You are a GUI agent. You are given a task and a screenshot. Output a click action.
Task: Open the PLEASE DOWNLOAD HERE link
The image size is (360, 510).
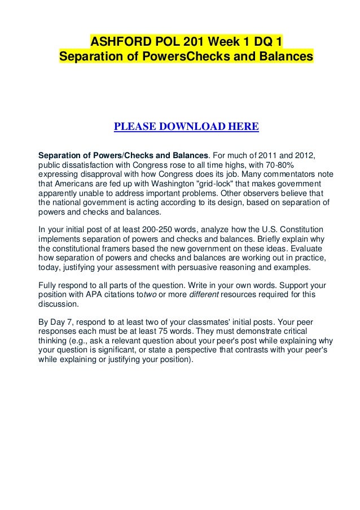pos(186,125)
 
